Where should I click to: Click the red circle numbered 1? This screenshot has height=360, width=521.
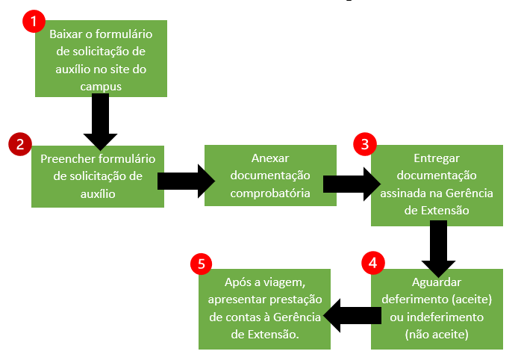tap(34, 22)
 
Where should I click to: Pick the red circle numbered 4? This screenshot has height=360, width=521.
tap(372, 263)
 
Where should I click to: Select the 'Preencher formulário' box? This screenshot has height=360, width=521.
tap(97, 176)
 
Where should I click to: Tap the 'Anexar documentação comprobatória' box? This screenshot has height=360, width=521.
tap(270, 176)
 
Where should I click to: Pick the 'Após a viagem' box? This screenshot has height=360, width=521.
tap(264, 308)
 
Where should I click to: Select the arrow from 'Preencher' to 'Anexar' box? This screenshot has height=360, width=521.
tap(181, 181)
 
